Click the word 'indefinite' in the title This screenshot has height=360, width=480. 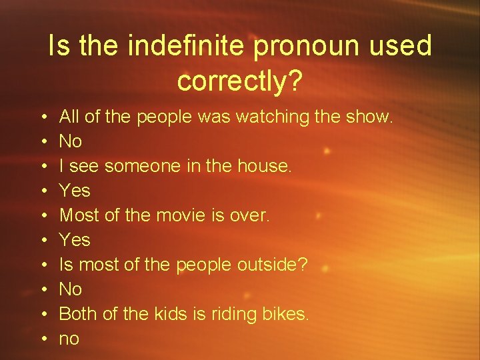click(x=186, y=46)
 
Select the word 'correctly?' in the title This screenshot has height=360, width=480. click(x=240, y=81)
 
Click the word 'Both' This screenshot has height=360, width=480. click(x=78, y=313)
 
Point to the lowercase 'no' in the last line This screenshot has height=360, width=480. click(x=69, y=339)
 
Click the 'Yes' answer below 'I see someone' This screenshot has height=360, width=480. click(x=75, y=191)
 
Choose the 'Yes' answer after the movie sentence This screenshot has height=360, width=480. click(x=75, y=240)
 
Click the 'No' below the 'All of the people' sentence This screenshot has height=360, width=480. click(x=71, y=142)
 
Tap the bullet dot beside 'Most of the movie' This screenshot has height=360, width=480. click(x=43, y=216)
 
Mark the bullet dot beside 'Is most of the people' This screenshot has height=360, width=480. click(x=43, y=265)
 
